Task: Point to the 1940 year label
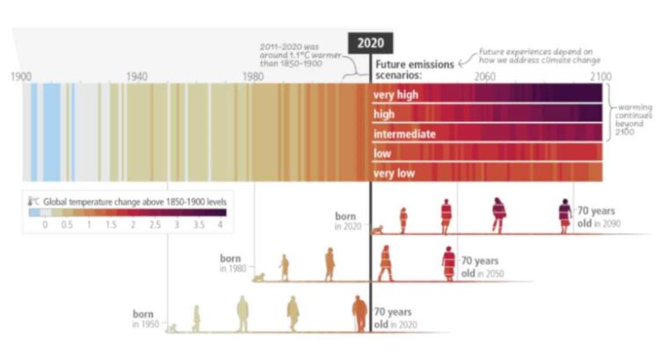(x=136, y=76)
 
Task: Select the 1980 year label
(x=253, y=76)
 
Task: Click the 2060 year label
(x=485, y=76)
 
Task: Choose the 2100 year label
(x=600, y=76)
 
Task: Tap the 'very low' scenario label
(x=395, y=173)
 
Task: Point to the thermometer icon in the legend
(x=32, y=202)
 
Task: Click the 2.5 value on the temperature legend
(x=155, y=226)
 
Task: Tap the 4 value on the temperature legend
(x=221, y=226)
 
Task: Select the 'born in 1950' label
(x=142, y=318)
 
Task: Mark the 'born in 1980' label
(x=230, y=263)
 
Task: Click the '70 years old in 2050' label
(x=480, y=266)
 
